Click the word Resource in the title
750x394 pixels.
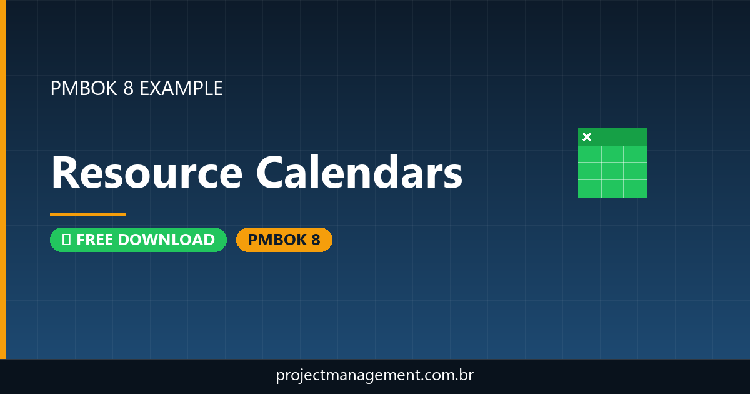point(146,173)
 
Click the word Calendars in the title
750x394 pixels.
point(359,173)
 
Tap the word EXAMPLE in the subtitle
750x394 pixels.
point(181,88)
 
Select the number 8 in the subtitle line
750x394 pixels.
point(128,88)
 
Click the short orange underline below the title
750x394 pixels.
point(87,214)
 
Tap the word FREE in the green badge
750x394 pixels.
point(94,240)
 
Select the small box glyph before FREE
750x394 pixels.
point(66,240)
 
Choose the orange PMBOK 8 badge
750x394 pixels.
point(284,240)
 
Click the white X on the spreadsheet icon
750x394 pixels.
point(586,137)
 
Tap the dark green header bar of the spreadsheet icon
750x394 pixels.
point(619,136)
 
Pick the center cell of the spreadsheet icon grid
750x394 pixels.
point(612,171)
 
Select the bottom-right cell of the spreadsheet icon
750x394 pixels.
point(636,188)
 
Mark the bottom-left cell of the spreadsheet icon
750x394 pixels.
point(589,188)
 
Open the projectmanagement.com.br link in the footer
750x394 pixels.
point(374,376)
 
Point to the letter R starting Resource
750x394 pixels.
point(64,173)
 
